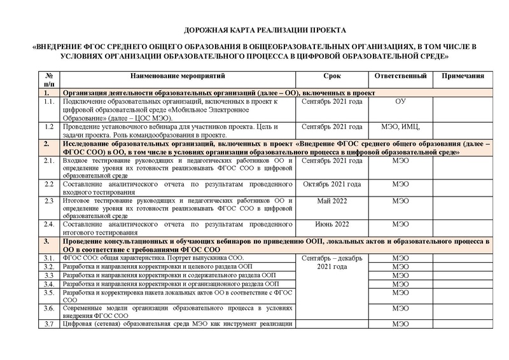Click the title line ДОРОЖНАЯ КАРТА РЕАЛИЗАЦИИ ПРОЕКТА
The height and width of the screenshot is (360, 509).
(265, 31)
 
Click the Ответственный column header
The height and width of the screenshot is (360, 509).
(400, 76)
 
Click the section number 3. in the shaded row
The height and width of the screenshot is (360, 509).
(47, 242)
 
